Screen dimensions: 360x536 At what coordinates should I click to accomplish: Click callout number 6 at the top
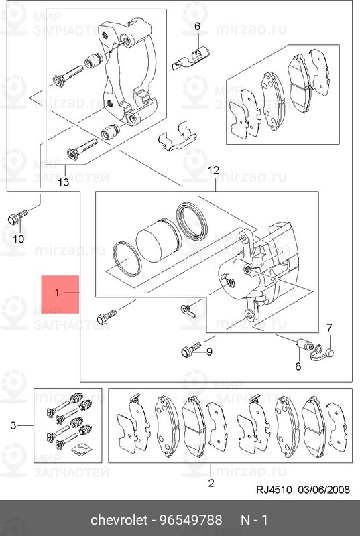(197, 26)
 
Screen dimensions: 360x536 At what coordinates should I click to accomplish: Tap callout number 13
(64, 182)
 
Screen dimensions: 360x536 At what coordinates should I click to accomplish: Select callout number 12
(213, 170)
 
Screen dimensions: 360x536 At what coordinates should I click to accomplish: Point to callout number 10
(19, 239)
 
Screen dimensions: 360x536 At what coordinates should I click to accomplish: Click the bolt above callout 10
(17, 217)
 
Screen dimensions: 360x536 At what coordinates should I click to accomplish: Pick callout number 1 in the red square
(57, 293)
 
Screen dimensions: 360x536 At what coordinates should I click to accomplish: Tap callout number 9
(209, 351)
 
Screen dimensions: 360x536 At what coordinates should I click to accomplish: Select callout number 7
(329, 328)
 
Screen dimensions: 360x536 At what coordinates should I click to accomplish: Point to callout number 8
(298, 366)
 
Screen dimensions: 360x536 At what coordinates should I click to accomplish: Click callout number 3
(13, 426)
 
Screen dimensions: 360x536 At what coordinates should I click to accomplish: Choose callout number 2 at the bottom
(211, 483)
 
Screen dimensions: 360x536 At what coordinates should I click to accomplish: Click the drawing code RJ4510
(274, 490)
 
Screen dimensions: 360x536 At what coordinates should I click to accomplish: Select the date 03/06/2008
(324, 490)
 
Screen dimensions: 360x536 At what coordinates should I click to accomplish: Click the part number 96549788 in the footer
(190, 520)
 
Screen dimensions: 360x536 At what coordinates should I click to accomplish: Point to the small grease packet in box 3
(79, 449)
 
